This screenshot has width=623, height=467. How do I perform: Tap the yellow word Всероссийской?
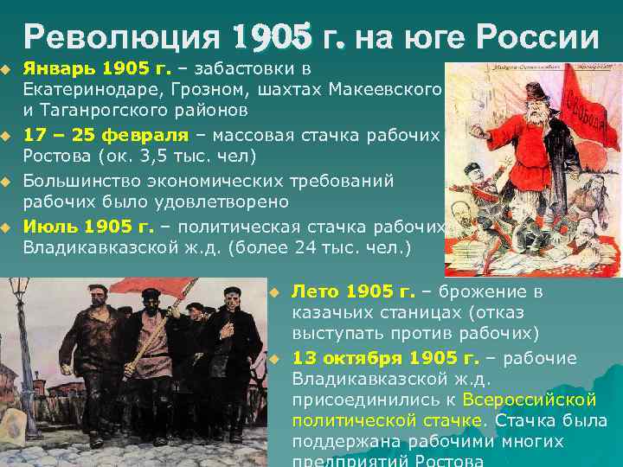point(530,400)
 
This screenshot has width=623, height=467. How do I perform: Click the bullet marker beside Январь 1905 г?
point(7,67)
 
